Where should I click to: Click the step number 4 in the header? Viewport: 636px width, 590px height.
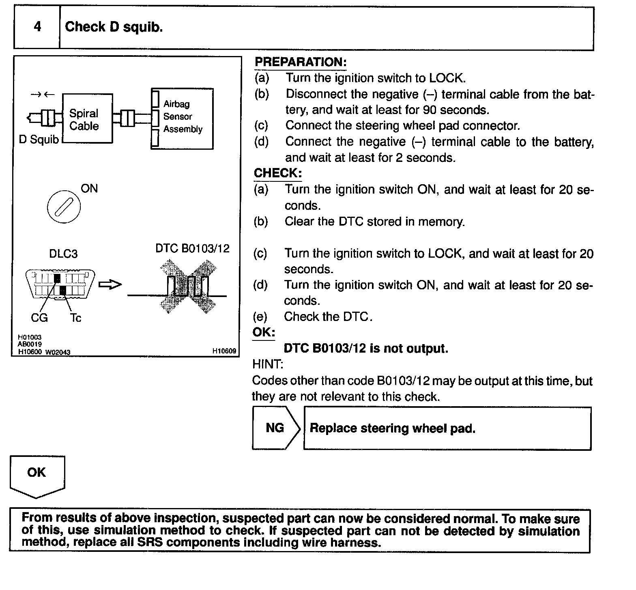[x=37, y=27]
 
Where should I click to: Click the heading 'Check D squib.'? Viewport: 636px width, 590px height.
[x=114, y=27]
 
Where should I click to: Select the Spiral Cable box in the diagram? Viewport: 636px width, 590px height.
[x=87, y=119]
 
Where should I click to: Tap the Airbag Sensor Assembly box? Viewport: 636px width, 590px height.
[x=183, y=118]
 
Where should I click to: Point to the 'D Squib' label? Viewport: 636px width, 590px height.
[x=39, y=140]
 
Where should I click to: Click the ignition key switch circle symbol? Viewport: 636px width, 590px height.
[x=64, y=207]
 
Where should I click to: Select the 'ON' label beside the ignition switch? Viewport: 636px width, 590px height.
[x=89, y=189]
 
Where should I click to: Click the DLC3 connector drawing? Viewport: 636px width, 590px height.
[x=60, y=284]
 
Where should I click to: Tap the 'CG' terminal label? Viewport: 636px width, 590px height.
[x=39, y=318]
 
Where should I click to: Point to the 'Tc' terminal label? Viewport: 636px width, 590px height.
[x=75, y=318]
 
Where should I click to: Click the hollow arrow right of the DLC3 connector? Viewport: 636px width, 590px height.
[x=110, y=285]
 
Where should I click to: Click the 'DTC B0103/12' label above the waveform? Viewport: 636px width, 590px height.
[x=192, y=248]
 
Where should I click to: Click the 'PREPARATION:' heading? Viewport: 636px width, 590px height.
[x=301, y=62]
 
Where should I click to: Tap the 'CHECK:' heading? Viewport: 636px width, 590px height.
[x=278, y=173]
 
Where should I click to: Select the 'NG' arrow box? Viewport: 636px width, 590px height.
[x=275, y=428]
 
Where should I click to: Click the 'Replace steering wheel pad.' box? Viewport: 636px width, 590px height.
[x=447, y=429]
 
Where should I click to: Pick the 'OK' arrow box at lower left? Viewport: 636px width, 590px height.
[x=37, y=475]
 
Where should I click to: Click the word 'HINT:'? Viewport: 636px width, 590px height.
[x=268, y=364]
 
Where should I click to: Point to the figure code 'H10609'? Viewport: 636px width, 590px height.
[x=224, y=351]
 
